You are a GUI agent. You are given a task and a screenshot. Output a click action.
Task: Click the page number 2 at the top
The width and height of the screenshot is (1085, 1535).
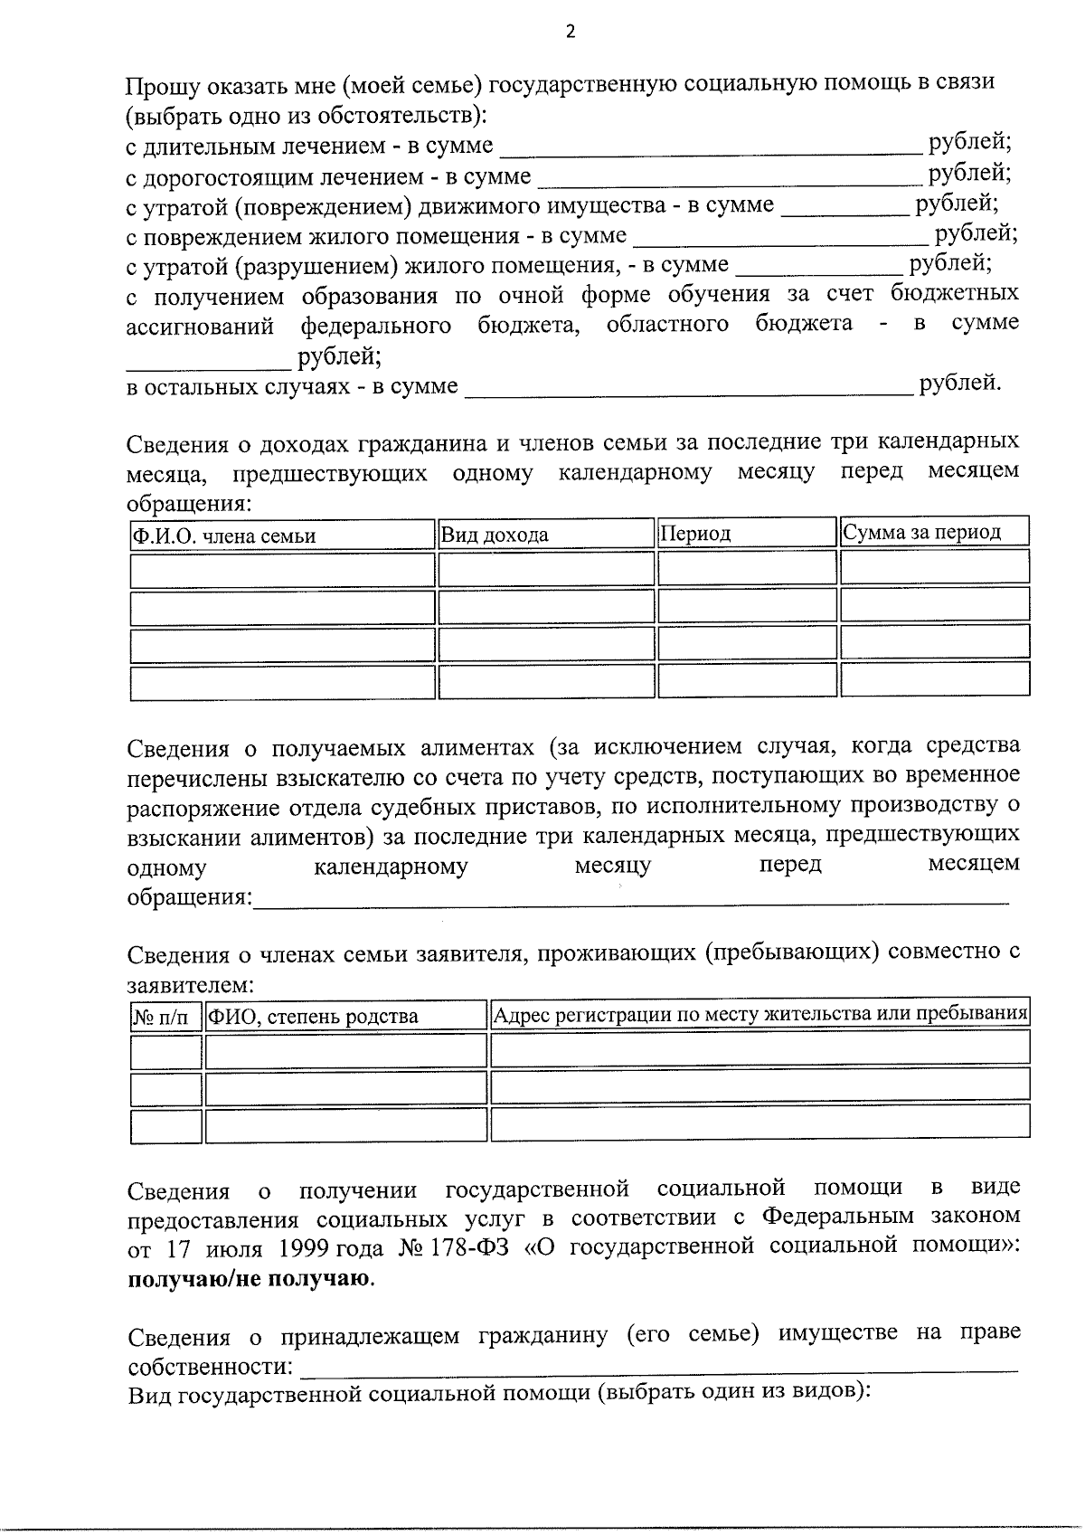(x=570, y=33)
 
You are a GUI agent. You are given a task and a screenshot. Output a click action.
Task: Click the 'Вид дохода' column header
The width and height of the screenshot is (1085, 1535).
(x=495, y=535)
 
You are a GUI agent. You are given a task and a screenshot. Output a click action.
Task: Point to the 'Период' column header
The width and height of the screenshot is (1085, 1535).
(x=695, y=534)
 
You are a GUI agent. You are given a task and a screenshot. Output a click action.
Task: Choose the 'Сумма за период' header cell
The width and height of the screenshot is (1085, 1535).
(x=921, y=532)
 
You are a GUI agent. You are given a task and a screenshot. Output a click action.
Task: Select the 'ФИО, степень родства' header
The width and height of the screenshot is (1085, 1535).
(x=313, y=1017)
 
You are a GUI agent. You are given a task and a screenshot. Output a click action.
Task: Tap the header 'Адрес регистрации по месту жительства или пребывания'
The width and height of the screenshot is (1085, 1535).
(x=760, y=1014)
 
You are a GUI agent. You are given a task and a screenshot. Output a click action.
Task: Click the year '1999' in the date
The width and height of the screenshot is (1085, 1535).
(x=303, y=1249)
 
